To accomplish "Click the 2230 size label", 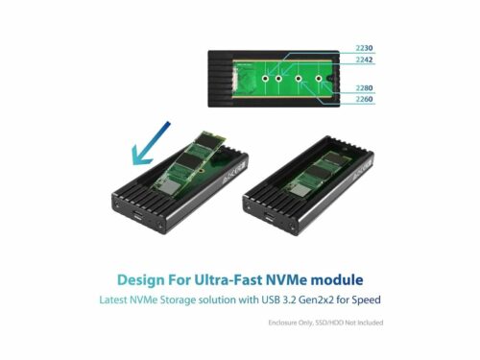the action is pos(364,48).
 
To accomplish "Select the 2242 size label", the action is pos(364,60).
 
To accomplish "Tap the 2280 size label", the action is pos(364,88).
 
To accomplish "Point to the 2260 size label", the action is pos(364,99).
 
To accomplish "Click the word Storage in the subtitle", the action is pos(178,300).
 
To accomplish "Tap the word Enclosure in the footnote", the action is pos(282,323).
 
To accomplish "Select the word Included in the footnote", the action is pos(370,323).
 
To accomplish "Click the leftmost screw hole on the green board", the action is pos(265,79).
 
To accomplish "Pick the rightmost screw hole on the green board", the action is pos(319,79).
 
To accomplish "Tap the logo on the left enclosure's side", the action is pos(233,173).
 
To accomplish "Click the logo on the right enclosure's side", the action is pos(362,171).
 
